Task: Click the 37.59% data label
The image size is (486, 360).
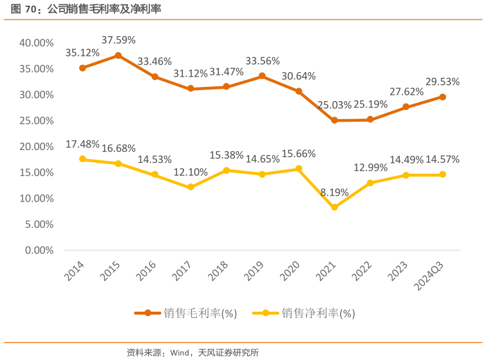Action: [x=118, y=40]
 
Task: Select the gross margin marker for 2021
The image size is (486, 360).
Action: [x=334, y=120]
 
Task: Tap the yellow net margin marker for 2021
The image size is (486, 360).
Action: [x=334, y=207]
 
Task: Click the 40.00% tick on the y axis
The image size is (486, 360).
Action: [x=36, y=43]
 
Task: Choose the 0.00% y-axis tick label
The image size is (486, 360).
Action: [x=39, y=250]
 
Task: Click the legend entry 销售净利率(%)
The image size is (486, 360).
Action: [x=317, y=314]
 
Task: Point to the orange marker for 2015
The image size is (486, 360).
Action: [x=118, y=55]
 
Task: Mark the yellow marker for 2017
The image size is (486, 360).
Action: [x=191, y=187]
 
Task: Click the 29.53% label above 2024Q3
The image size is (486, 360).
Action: [x=442, y=81]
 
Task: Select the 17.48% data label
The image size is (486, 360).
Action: [x=82, y=144]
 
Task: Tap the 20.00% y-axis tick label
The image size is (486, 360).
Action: [x=36, y=146]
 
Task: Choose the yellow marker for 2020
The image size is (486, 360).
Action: [x=299, y=169]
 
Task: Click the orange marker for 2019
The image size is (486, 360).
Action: [x=262, y=76]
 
